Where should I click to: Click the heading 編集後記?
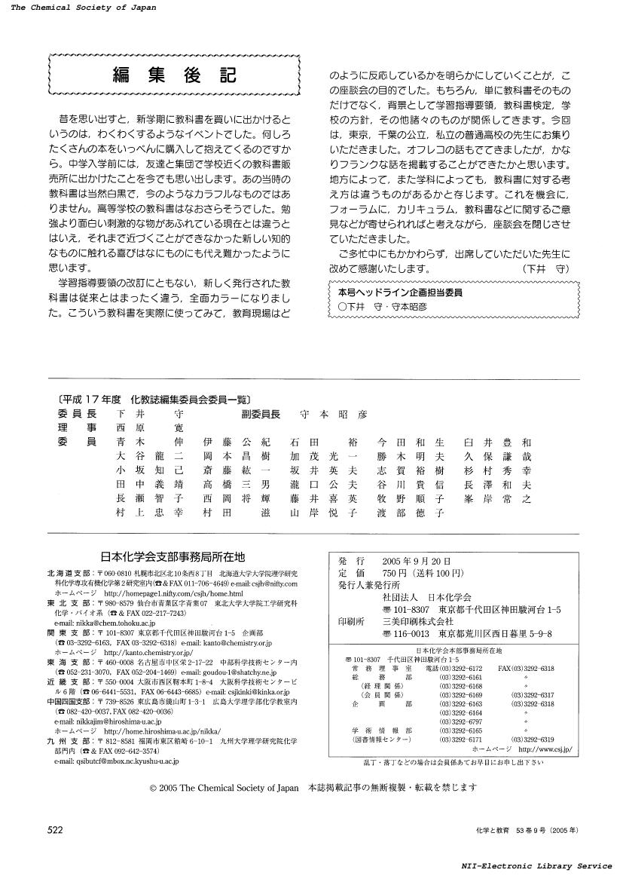(174, 75)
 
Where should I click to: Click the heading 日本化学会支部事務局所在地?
(173, 557)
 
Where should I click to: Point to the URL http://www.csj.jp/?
(545, 750)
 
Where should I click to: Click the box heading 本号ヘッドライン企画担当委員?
(396, 292)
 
